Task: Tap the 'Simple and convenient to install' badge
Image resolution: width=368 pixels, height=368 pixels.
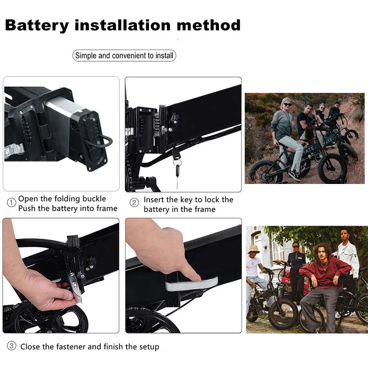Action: pos(124,56)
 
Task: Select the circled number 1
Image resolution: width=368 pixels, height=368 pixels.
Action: pos(11,203)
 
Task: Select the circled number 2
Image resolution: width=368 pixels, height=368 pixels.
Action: pos(134,202)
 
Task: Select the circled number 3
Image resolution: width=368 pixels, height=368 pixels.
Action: pos(11,346)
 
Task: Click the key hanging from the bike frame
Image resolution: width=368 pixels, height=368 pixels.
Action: pos(177,170)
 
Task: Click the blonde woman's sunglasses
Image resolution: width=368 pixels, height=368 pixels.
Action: pos(287,105)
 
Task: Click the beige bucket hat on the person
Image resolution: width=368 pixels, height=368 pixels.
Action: pos(253,248)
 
